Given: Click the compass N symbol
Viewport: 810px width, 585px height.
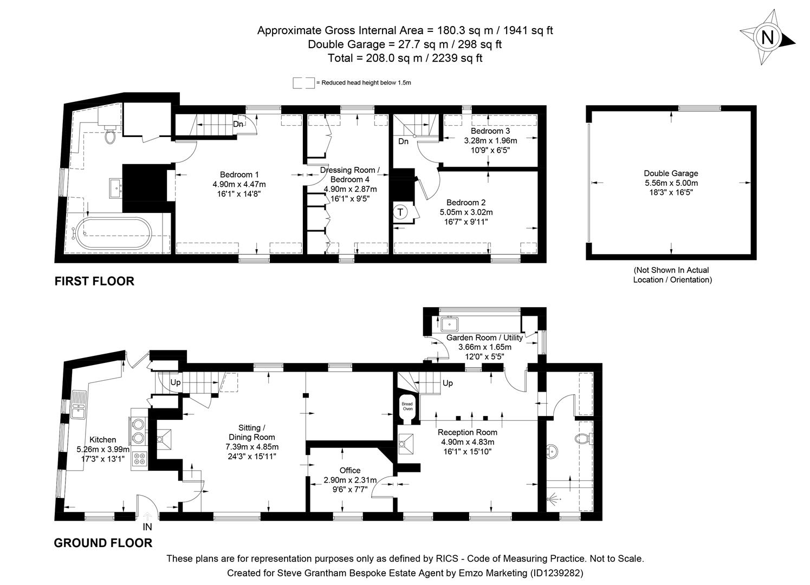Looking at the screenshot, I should coord(767,37).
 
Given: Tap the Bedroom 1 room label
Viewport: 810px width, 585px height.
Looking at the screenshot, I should coord(239,174).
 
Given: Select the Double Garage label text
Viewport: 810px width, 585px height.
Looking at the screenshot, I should coord(671,173).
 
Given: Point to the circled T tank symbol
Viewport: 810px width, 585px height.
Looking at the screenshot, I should coord(400,212).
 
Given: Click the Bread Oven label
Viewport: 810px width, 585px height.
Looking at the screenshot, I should coord(407,406).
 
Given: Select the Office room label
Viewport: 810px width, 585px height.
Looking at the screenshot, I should coord(349,470).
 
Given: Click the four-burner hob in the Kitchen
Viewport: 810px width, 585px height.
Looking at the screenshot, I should coord(139,458).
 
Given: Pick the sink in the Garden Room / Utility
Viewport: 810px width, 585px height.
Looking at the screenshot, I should coord(450,324).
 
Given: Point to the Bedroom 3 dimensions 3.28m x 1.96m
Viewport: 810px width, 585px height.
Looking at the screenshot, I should coord(490,140).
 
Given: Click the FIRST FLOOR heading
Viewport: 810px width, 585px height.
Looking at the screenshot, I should coord(94,281).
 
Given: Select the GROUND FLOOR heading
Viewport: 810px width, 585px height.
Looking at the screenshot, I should coord(103,543).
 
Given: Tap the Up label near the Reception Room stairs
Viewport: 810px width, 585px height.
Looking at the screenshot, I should coord(448,383).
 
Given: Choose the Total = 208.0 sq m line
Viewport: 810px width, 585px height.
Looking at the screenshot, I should coord(405,58).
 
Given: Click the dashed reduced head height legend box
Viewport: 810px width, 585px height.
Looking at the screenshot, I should coord(303,83).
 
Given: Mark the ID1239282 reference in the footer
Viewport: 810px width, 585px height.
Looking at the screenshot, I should coord(555,573).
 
